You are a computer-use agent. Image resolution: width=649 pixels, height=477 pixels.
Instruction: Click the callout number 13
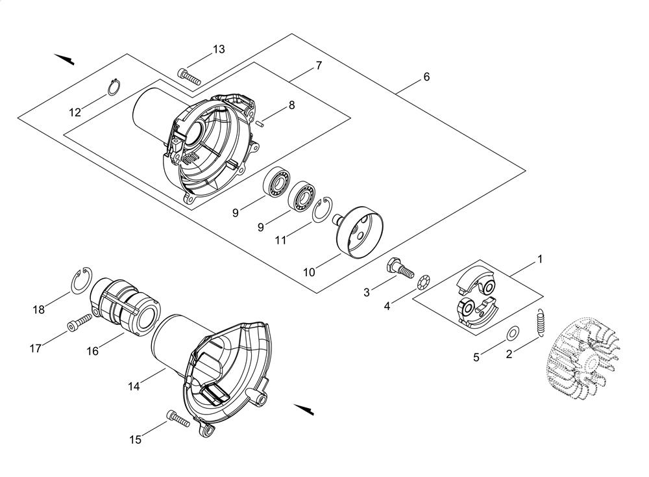point(219,49)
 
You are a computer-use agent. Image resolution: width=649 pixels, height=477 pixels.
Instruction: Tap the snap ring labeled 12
point(114,86)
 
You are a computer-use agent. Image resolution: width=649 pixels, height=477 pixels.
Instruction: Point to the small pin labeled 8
point(261,122)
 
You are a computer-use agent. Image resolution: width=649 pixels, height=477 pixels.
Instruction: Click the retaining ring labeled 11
point(323,209)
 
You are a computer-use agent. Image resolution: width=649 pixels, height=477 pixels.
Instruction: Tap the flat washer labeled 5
point(513,332)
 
